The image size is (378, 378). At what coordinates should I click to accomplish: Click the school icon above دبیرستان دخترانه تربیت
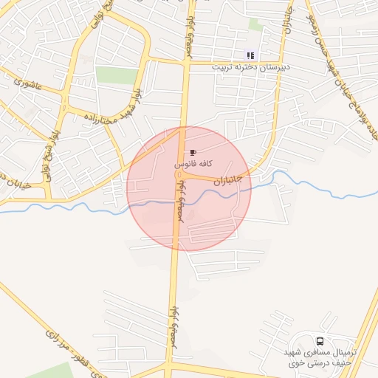[x=250, y=55]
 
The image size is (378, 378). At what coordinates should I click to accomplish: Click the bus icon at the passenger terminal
[x=320, y=342]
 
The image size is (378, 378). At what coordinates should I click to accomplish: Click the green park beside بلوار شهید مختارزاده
[x=117, y=75]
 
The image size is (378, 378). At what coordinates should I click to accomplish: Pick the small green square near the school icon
[x=255, y=24]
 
